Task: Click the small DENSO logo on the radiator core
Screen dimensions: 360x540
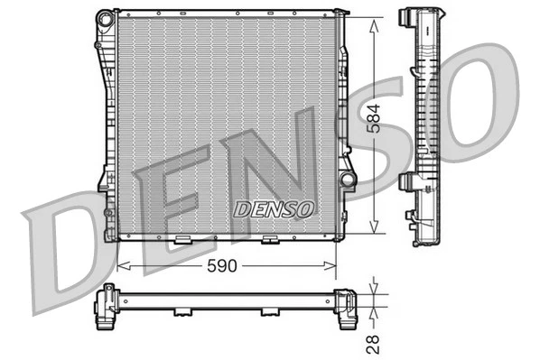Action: [275, 208]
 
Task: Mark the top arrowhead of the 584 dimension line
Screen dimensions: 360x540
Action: [374, 18]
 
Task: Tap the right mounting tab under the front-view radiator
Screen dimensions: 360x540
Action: [270, 240]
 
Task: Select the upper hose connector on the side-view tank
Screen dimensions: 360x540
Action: [406, 19]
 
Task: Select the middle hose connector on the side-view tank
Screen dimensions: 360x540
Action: [407, 181]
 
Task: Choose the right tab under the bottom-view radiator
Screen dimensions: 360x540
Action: [269, 313]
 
